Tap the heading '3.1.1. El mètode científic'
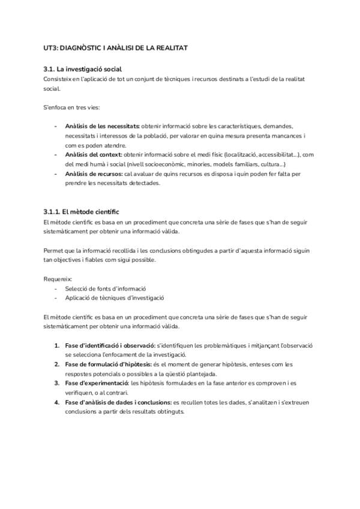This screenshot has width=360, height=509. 82,212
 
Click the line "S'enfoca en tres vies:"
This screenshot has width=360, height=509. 72,107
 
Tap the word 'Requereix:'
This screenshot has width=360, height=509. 58,279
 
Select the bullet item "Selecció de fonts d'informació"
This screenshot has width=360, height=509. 105,288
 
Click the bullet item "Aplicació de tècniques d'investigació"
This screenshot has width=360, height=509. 114,298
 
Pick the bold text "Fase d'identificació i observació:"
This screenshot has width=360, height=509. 110,345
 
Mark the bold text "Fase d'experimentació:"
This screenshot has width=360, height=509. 97,383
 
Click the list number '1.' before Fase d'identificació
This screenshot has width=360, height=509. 57,345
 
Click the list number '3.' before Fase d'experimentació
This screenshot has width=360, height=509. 57,383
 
